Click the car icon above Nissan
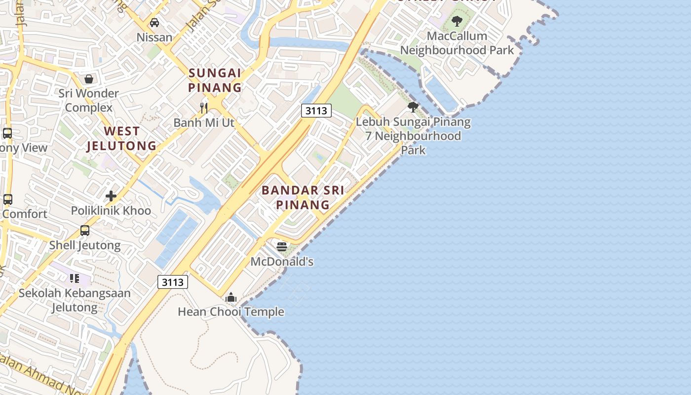click(154, 23)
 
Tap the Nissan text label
click(154, 37)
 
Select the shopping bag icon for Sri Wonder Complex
click(89, 79)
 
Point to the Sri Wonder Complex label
click(89, 100)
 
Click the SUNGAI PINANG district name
click(215, 80)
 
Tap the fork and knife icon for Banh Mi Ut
click(203, 108)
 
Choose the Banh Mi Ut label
click(204, 122)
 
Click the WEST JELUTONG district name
click(121, 138)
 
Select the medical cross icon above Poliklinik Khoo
click(111, 196)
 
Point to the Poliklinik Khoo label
click(111, 211)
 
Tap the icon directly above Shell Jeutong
click(85, 231)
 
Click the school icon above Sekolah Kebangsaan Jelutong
click(75, 278)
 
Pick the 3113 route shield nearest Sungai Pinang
click(316, 111)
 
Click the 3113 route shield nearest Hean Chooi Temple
click(173, 282)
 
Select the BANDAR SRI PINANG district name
click(303, 197)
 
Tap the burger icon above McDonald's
click(282, 247)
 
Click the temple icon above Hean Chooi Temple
click(230, 297)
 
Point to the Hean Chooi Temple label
click(231, 312)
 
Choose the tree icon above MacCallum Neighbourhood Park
click(457, 21)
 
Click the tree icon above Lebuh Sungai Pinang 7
click(413, 107)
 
